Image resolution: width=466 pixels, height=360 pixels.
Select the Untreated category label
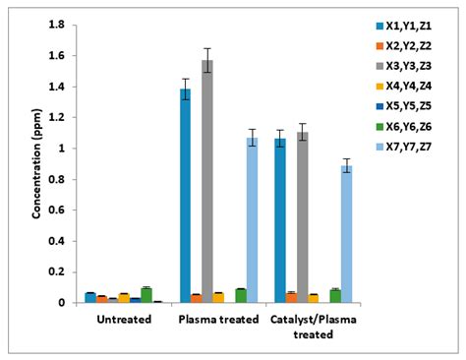coord(124,320)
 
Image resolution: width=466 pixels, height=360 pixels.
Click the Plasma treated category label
coord(219,320)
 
